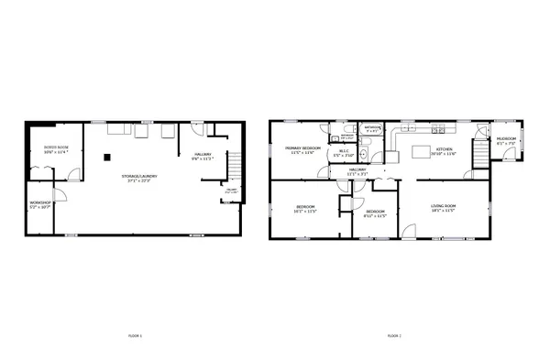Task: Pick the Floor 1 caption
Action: click(x=136, y=337)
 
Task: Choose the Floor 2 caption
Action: click(x=394, y=337)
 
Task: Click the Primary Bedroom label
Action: click(x=302, y=148)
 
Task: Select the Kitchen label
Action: click(x=445, y=149)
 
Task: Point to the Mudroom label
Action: click(x=506, y=140)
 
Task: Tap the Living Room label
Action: click(x=444, y=206)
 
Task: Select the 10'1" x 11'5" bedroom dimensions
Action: click(x=305, y=212)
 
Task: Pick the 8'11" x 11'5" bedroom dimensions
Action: click(x=375, y=217)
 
